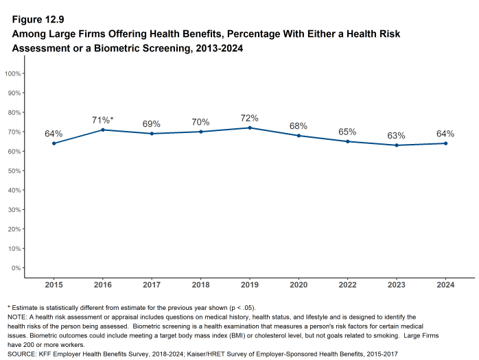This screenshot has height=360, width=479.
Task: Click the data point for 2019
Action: tap(249, 128)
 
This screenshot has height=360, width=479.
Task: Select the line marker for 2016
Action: tap(102, 130)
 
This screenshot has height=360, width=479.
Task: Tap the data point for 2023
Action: tap(397, 145)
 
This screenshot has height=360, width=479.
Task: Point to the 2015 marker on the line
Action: tap(54, 143)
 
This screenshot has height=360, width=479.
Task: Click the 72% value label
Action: tap(249, 118)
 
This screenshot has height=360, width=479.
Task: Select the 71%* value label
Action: tap(102, 120)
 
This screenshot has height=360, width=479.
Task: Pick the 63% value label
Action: tap(397, 135)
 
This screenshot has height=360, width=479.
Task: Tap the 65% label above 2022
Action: tap(347, 132)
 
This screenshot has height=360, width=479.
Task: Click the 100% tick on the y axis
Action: tap(13, 73)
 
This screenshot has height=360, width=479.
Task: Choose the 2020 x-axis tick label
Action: tap(299, 285)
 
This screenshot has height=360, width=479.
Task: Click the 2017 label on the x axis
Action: tap(151, 285)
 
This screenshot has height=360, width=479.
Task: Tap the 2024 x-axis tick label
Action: tap(445, 285)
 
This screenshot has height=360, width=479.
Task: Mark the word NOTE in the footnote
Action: tap(17, 317)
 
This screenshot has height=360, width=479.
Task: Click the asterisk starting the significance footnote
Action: tap(9, 306)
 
